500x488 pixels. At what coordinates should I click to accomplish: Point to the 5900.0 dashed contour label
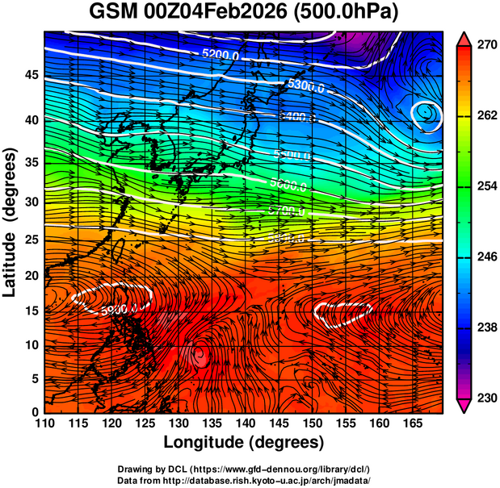121,307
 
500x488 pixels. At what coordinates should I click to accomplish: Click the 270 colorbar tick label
485,46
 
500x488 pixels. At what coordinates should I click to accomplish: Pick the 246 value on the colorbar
485,257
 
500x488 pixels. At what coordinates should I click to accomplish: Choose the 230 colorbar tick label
485,397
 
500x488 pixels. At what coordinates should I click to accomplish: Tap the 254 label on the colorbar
485,186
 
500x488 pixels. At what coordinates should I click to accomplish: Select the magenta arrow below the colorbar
464,405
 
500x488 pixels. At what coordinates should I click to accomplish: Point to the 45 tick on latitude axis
30,74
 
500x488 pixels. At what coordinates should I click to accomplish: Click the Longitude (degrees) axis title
244,443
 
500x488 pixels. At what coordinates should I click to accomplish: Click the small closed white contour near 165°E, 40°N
426,115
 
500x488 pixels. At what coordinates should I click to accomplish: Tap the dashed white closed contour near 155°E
343,311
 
